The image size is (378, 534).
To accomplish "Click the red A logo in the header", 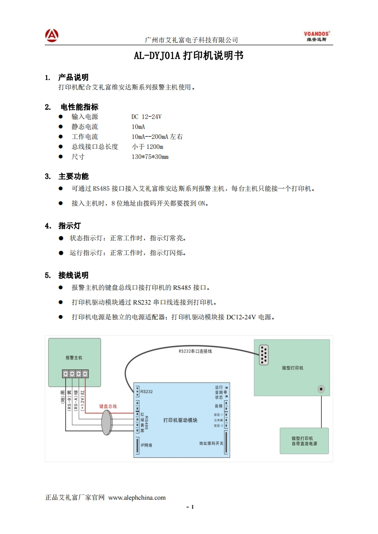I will [x=52, y=35].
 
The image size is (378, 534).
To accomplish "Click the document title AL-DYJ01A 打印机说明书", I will [x=189, y=56].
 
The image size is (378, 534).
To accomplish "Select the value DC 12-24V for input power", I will [x=146, y=117].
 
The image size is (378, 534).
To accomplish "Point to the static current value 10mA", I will [x=138, y=127].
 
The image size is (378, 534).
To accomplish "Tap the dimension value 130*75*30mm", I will [x=150, y=157].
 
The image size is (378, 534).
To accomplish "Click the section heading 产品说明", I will [x=73, y=77].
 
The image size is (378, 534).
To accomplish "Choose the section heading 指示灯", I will [x=70, y=226].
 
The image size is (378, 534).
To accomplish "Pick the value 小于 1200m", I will [x=147, y=147].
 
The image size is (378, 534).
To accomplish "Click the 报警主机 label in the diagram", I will [x=74, y=357].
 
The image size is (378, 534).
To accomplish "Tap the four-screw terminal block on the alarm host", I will [x=75, y=374].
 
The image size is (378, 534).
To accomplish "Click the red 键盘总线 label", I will [x=108, y=406].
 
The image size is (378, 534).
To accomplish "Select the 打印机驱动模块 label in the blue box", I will [x=180, y=420].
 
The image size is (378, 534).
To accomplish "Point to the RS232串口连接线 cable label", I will [x=195, y=351].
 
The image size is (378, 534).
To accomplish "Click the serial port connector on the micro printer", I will [x=263, y=355].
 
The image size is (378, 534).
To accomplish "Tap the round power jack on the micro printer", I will [x=322, y=389].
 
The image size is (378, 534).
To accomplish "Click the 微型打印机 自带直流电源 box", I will [x=304, y=441].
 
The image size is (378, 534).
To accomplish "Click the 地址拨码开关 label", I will [x=211, y=444].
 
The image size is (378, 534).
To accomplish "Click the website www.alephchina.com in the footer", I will [x=137, y=498].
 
